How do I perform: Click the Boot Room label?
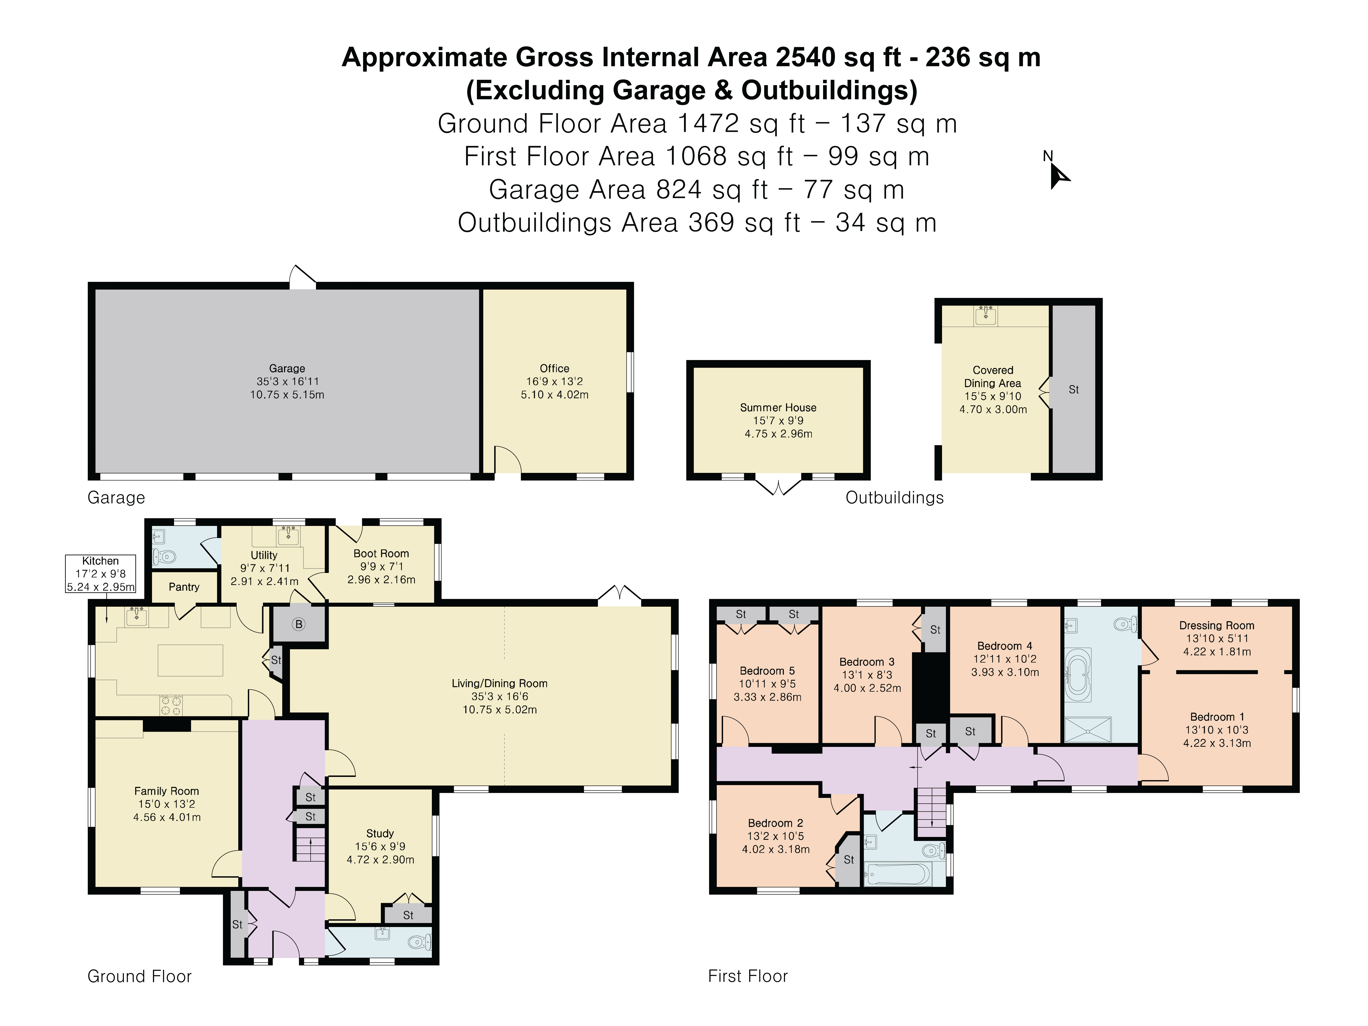(x=381, y=553)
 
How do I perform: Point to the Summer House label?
(x=778, y=408)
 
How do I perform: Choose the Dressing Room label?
(x=1217, y=625)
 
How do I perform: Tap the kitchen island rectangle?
(x=191, y=660)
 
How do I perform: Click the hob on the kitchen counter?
(x=171, y=705)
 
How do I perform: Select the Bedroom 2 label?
(x=776, y=823)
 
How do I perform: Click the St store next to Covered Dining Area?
(x=1074, y=390)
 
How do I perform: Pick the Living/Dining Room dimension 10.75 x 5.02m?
(x=500, y=709)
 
